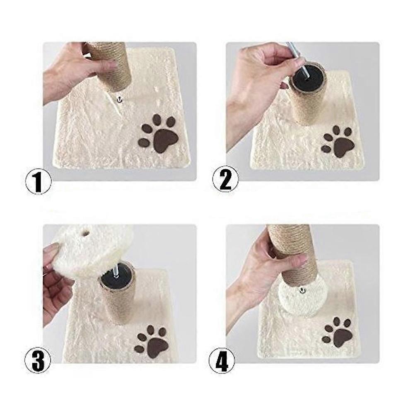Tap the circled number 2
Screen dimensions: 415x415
(225, 179)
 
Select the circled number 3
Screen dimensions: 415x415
(37, 361)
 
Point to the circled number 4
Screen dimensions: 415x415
(222, 361)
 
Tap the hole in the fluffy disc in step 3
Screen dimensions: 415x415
(86, 234)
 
